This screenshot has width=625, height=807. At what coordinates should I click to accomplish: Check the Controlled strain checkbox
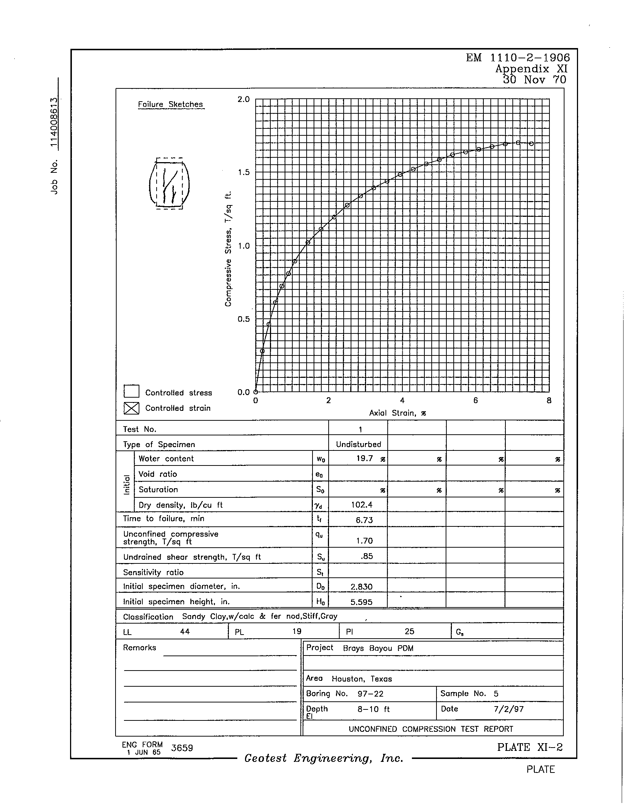pyautogui.click(x=132, y=408)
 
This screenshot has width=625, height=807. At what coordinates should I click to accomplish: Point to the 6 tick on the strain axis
pyautogui.click(x=475, y=401)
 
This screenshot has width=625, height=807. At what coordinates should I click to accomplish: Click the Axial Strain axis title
pyautogui.click(x=398, y=413)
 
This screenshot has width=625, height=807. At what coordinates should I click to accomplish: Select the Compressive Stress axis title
pyautogui.click(x=228, y=249)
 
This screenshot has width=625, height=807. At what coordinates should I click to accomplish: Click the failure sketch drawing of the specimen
pyautogui.click(x=169, y=184)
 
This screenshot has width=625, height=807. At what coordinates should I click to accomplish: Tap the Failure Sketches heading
pyautogui.click(x=170, y=105)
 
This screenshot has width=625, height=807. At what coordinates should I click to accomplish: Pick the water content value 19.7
pyautogui.click(x=365, y=459)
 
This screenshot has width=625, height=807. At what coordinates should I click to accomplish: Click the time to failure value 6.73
pyautogui.click(x=364, y=520)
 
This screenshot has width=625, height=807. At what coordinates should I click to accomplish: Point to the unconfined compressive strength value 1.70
pyautogui.click(x=364, y=541)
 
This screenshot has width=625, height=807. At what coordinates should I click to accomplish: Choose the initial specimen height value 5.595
pyautogui.click(x=361, y=602)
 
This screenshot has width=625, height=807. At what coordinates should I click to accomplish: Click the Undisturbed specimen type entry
pyautogui.click(x=358, y=445)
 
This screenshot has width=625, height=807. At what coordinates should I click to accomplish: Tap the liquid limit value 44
pyautogui.click(x=185, y=632)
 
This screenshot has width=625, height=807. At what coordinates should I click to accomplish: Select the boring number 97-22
pyautogui.click(x=370, y=694)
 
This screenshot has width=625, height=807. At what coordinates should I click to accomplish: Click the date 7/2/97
pyautogui.click(x=508, y=709)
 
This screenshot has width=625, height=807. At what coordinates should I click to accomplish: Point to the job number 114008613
pyautogui.click(x=54, y=122)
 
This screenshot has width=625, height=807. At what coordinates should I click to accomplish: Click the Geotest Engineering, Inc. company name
pyautogui.click(x=324, y=759)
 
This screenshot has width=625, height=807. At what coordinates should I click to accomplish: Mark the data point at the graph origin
pyautogui.click(x=256, y=392)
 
